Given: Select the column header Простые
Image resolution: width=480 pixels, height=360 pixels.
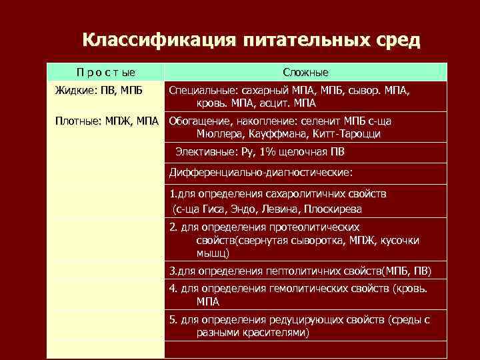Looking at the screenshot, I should pos(105,72).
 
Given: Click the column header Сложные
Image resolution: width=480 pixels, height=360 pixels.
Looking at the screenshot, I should pos(305,72).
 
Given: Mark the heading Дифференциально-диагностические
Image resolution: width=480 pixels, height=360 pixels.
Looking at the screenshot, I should pos(261,173).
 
